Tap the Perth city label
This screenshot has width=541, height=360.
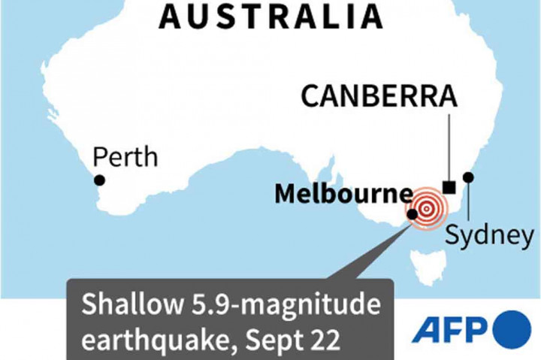pos(125,157)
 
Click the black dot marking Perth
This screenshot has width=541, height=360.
pos(99,180)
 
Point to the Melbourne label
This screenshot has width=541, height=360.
pos(343,194)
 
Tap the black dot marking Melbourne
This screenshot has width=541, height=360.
pos(413,214)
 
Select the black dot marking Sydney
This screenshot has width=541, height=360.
pos(469,177)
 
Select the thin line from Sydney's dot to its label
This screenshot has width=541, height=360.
pos(469,199)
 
